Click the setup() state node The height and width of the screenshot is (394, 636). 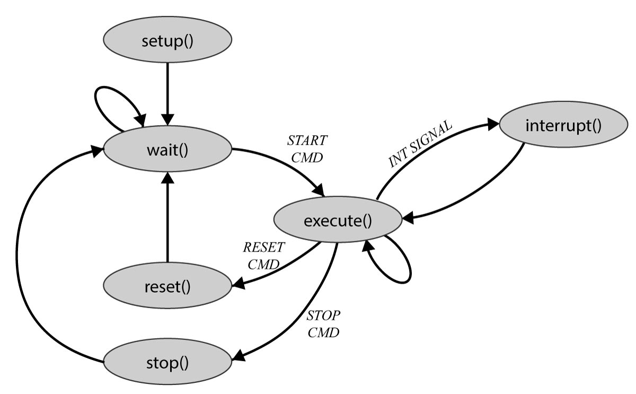(x=167, y=41)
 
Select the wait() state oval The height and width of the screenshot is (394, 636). (x=167, y=150)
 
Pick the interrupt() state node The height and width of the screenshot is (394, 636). (x=563, y=126)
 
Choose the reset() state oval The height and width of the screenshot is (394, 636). (x=167, y=287)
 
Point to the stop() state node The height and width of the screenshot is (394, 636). (x=167, y=364)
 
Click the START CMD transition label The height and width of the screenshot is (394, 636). (x=307, y=148)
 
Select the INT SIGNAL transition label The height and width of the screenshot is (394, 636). (x=420, y=144)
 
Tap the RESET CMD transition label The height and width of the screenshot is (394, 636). (x=263, y=255)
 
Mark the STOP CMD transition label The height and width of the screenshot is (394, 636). (x=323, y=325)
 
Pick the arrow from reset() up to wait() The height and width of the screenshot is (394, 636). (x=167, y=217)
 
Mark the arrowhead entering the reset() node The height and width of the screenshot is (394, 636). (x=238, y=286)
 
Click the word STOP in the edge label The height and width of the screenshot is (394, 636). (x=323, y=316)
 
